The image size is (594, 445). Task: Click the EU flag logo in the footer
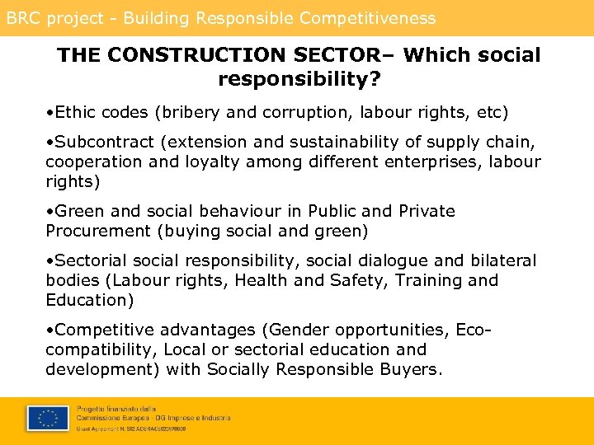pyautogui.click(x=47, y=419)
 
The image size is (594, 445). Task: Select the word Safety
pyautogui.click(x=358, y=280)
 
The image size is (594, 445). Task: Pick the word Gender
pyautogui.click(x=299, y=330)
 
